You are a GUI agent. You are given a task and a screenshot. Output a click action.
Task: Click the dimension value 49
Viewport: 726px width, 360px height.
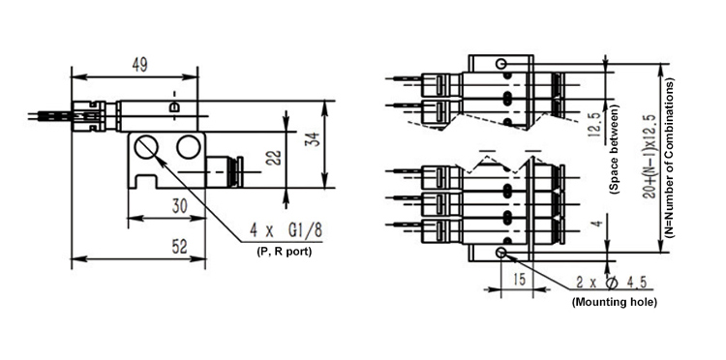tap(139, 66)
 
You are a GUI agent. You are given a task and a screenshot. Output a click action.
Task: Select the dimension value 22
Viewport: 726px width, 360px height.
tap(274, 158)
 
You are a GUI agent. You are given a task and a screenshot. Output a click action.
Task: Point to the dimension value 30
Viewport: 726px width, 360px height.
tap(180, 206)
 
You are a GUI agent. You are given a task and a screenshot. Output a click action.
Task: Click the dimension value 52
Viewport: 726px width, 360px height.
tap(180, 247)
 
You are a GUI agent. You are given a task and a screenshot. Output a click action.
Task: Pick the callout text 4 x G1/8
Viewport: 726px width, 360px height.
tap(286, 230)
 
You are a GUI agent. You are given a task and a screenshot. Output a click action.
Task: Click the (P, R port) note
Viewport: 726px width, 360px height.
tap(284, 252)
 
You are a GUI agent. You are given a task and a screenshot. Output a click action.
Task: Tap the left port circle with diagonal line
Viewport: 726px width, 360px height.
tap(146, 147)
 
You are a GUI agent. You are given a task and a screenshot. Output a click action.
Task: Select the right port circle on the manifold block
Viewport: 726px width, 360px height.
tap(189, 147)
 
